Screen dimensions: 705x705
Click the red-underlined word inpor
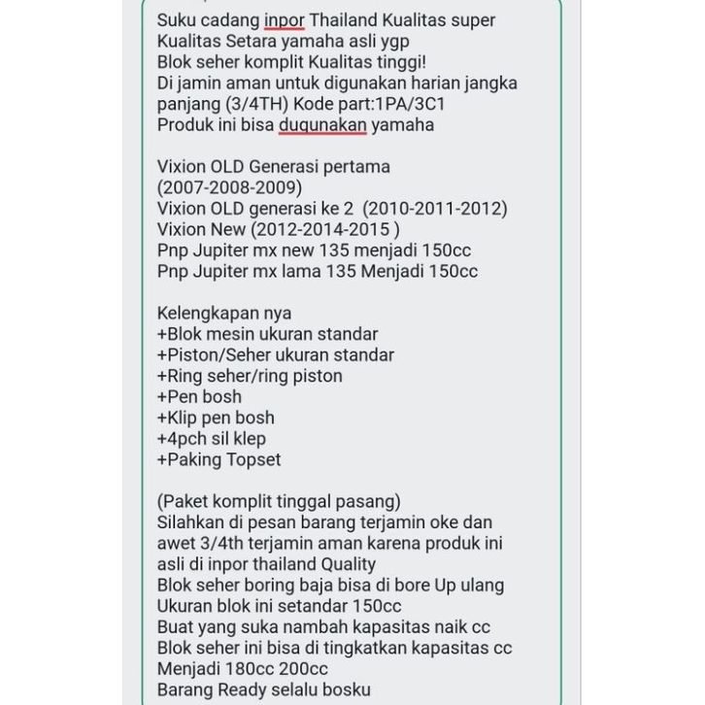click(x=285, y=20)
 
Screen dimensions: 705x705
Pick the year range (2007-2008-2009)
click(x=229, y=187)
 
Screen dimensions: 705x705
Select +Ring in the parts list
click(x=179, y=376)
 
